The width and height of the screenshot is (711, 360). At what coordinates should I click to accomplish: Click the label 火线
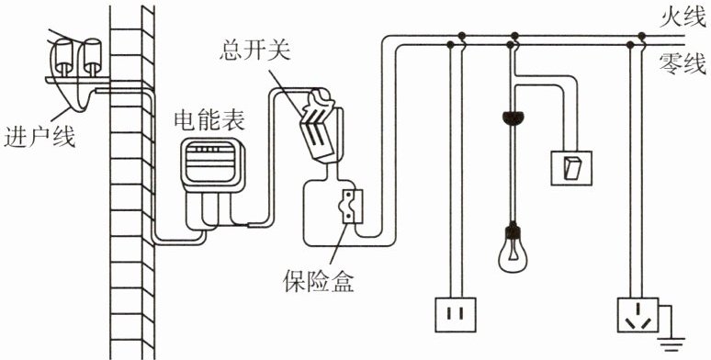683,18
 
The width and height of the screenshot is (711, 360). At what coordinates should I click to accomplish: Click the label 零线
683,63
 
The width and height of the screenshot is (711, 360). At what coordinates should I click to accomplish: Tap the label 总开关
254,51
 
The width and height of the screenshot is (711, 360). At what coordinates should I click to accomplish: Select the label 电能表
210,119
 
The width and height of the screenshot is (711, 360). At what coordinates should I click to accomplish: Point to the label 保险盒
319,282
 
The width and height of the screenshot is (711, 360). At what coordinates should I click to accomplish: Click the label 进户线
39,137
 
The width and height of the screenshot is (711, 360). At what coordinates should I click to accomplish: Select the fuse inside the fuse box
352,207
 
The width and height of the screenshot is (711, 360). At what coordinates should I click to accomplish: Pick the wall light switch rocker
571,167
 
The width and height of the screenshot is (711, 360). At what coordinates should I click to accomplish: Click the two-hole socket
456,315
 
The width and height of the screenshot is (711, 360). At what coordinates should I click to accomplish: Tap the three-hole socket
638,315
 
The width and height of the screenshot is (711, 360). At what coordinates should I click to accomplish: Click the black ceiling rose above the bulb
513,118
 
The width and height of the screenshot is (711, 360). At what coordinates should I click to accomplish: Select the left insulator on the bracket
64,57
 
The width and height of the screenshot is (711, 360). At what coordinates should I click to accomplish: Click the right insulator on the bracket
93,57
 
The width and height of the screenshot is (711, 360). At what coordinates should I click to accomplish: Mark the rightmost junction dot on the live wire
641,36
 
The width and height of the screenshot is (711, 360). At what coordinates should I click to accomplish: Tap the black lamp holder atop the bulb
513,231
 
